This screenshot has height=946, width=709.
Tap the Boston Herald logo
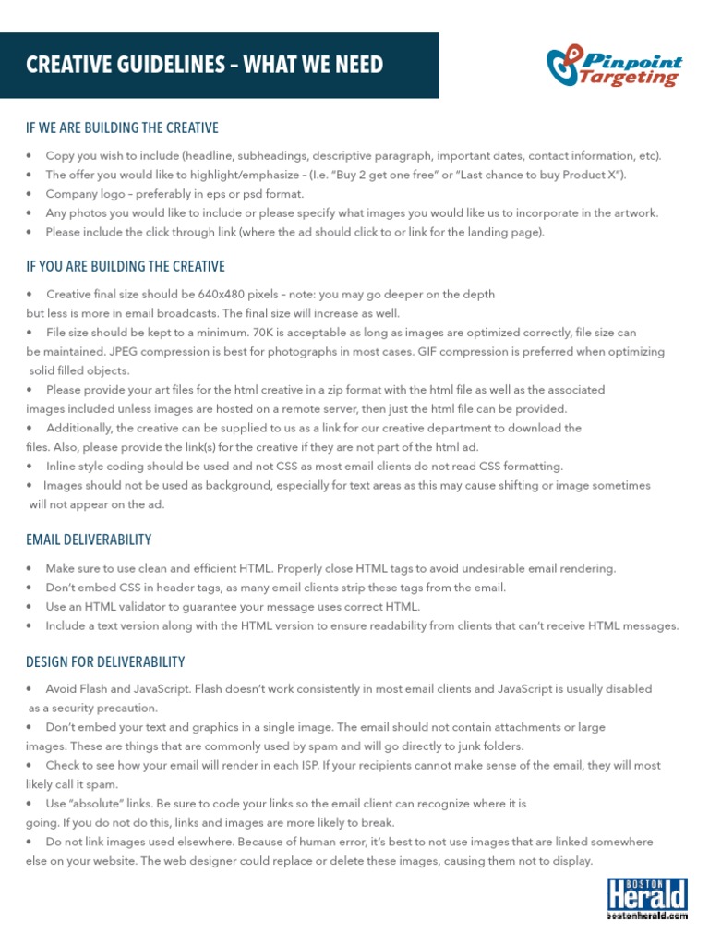point(647,899)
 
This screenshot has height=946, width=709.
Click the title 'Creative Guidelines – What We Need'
point(204,65)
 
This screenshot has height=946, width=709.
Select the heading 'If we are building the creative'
point(122,127)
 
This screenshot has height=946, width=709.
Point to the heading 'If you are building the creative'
point(126,267)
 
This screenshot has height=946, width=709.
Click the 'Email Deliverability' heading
point(89,540)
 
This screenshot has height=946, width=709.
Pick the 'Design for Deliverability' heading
point(105,662)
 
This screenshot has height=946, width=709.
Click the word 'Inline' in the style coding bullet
point(62,467)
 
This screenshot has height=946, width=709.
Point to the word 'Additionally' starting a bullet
point(80,429)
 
